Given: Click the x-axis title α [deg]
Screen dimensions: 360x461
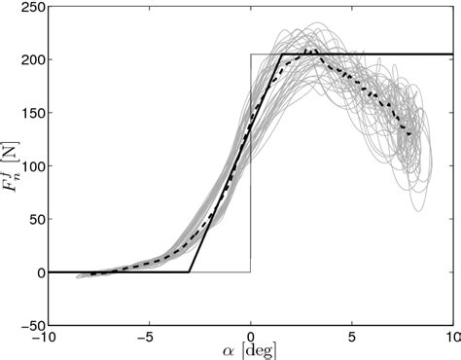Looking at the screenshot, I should pos(250,351).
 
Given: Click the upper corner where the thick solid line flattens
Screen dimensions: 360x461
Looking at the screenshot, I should pos(281,54).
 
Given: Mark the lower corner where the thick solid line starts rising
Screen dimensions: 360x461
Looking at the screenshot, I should pos(189,272).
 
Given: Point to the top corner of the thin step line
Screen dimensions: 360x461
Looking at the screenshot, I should pos(251,54).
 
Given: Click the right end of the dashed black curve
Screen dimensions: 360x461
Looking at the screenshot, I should pos(412,135).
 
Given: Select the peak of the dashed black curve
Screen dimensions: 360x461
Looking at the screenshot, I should pos(309,49).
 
